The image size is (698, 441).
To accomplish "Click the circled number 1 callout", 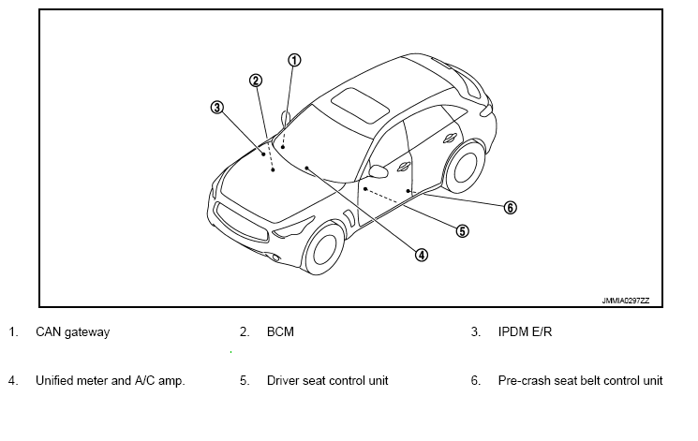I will (x=294, y=61).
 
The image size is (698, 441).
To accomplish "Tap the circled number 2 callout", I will (x=256, y=81).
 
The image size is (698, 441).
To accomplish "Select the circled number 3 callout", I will (x=216, y=107).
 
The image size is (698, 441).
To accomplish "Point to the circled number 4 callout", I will (x=422, y=255).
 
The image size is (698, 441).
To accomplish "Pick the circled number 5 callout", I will (x=462, y=230).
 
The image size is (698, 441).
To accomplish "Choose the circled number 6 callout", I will (x=511, y=208).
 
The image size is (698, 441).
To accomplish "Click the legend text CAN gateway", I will (x=72, y=332).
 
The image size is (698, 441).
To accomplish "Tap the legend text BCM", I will (x=280, y=332).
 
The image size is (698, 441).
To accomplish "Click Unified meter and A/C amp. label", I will (x=110, y=381).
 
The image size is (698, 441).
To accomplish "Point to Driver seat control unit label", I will (x=327, y=381).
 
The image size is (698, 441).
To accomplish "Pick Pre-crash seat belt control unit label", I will (x=580, y=381).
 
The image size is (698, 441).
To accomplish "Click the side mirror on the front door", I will (x=379, y=171).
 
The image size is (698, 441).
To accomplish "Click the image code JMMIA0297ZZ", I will (x=625, y=301).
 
